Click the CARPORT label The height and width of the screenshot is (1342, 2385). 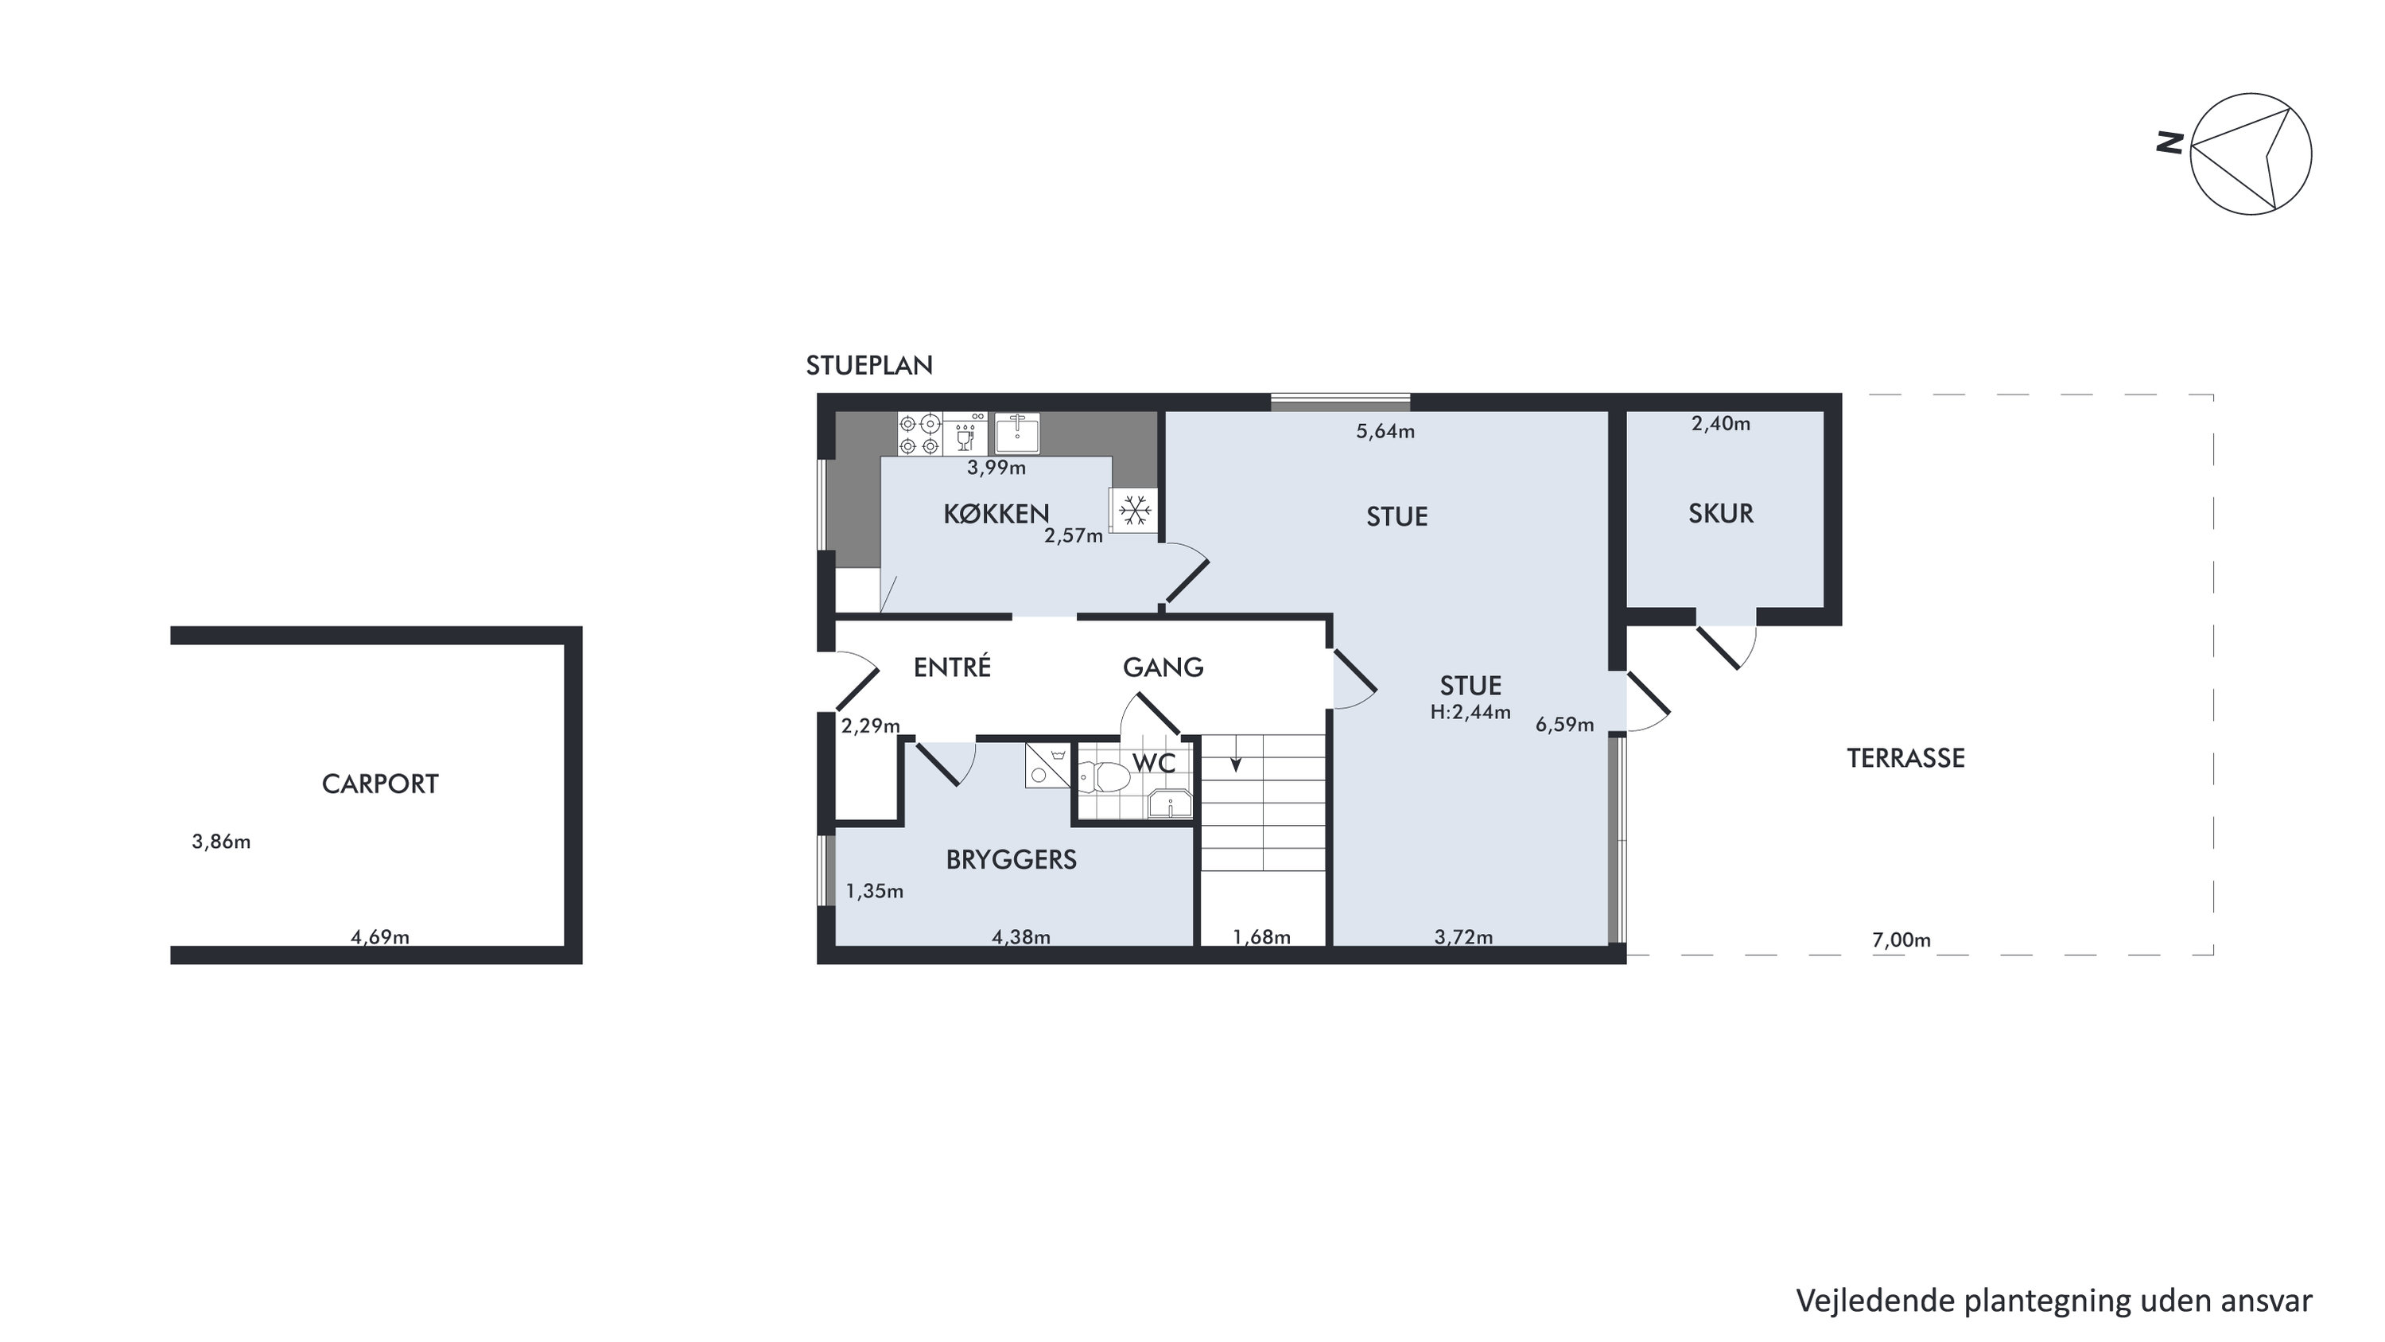coord(379,784)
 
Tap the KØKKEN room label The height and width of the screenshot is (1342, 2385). coord(996,513)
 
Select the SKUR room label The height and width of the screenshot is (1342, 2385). coord(1720,513)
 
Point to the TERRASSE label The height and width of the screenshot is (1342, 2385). coord(1905,757)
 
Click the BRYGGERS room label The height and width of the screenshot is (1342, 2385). coord(1011,859)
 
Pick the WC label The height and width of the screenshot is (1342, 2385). coord(1154,763)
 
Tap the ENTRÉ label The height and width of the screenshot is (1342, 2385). coord(952,666)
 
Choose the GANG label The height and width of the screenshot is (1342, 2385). coord(1163,667)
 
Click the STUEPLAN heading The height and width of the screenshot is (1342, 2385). coord(868,366)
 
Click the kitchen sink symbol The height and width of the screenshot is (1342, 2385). coord(1016,433)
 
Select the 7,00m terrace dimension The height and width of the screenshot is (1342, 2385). coord(1901,940)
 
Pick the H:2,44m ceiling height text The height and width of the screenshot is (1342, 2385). coord(1470,712)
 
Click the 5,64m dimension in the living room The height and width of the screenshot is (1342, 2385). coord(1385,430)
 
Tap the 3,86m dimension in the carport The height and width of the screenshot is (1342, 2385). coord(221,842)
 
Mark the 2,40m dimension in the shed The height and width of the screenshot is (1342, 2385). coord(1720,423)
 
